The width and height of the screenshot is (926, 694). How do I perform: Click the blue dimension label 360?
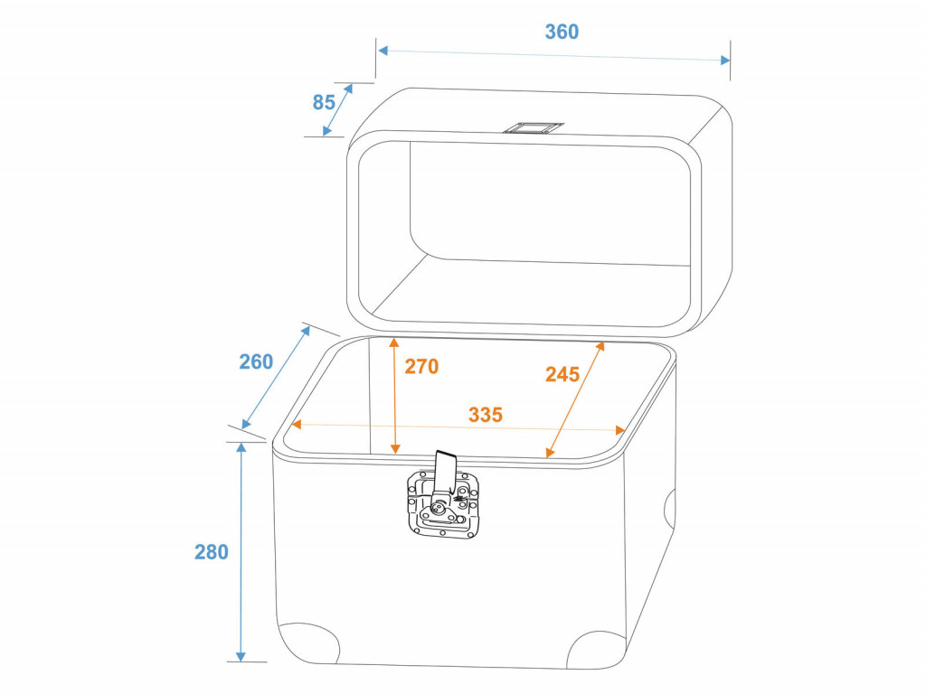pyautogui.click(x=562, y=32)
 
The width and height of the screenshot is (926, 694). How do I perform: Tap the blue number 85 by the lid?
pyautogui.click(x=324, y=102)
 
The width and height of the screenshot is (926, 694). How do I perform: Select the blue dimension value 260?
pyautogui.click(x=256, y=361)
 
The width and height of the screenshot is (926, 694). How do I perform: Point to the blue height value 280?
pyautogui.click(x=212, y=552)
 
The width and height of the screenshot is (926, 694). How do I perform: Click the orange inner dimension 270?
pyautogui.click(x=421, y=367)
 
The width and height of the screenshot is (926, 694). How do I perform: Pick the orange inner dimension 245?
pyautogui.click(x=562, y=374)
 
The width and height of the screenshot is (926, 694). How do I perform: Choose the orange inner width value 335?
pyautogui.click(x=486, y=414)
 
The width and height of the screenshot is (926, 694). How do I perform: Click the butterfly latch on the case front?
pyautogui.click(x=443, y=503)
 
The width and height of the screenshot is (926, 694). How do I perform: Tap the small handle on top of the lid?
pyautogui.click(x=533, y=127)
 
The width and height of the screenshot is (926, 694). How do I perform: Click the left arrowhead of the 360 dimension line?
pyautogui.click(x=383, y=51)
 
